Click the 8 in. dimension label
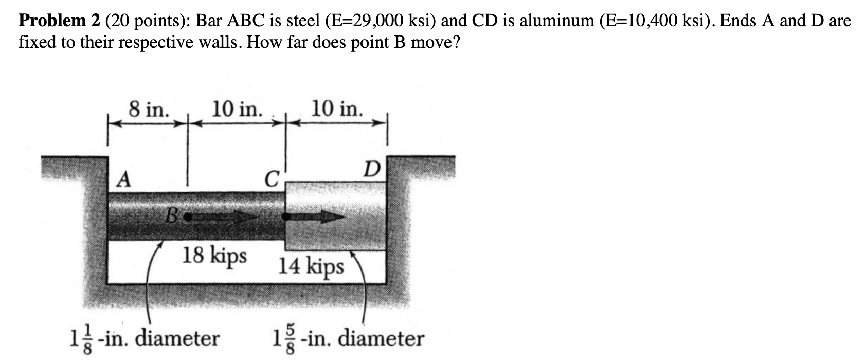(149, 109)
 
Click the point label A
(123, 179)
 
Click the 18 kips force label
(214, 255)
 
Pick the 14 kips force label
(311, 267)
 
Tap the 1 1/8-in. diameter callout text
(145, 339)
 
